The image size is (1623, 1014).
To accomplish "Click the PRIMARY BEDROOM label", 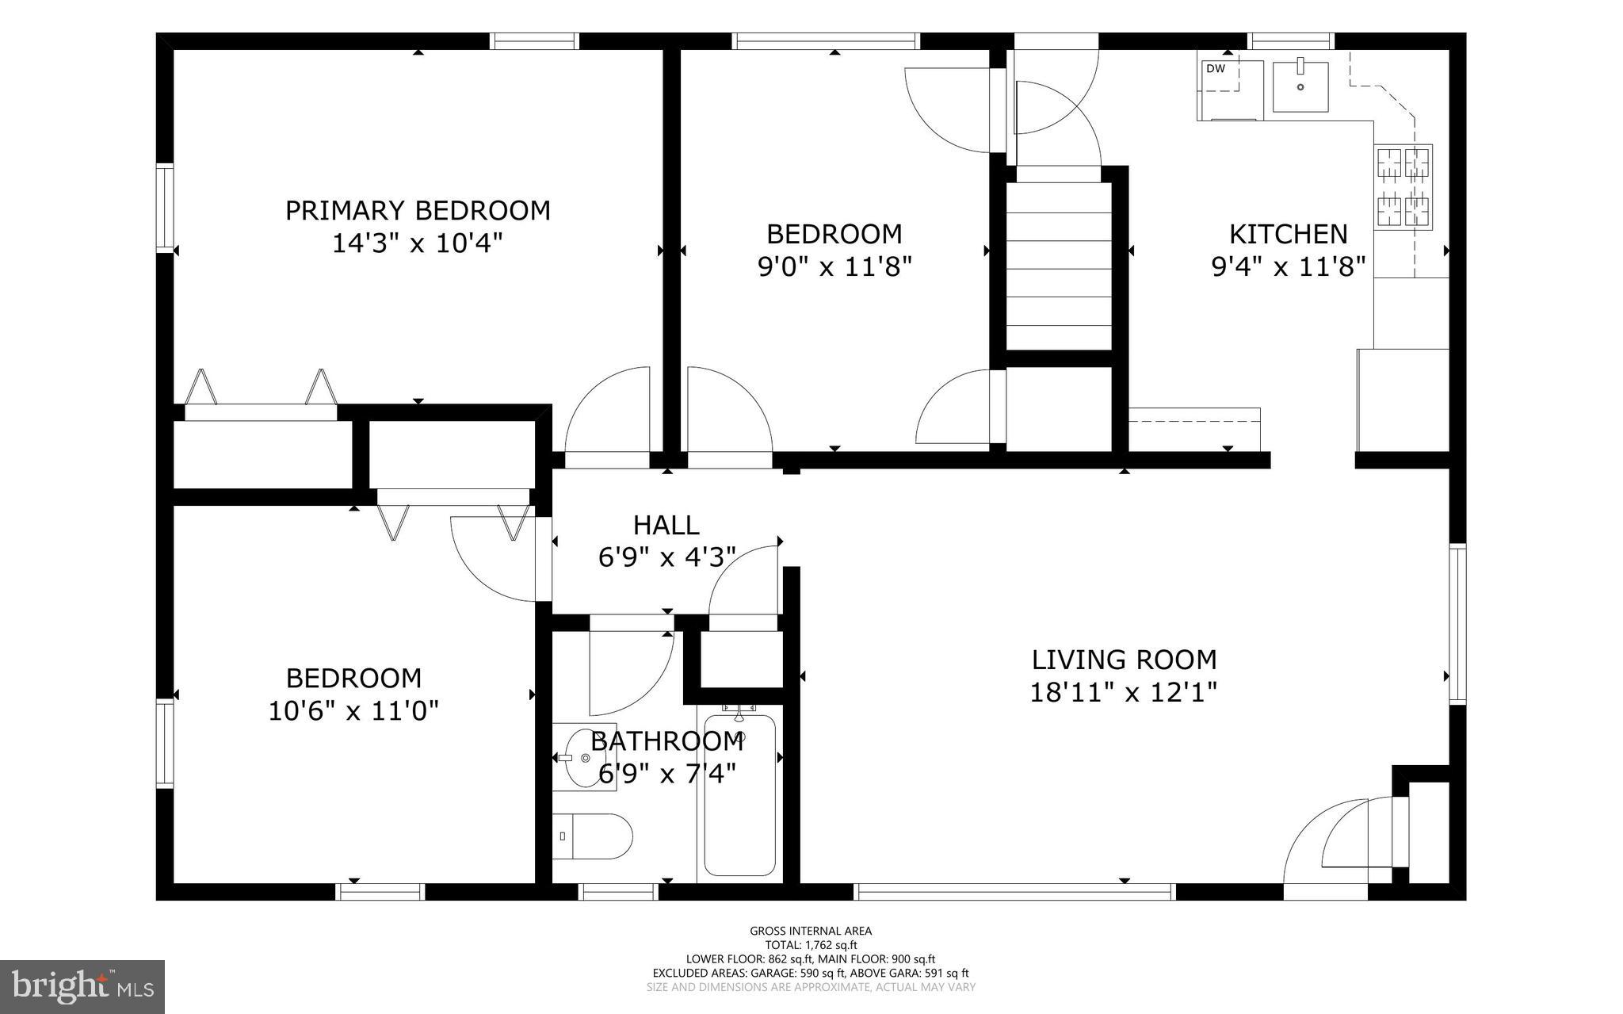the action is tap(418, 210).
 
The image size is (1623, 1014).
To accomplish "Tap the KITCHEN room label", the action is tap(1288, 234).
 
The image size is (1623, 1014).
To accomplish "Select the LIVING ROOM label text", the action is tap(1124, 660).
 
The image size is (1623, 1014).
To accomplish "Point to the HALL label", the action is tap(666, 525).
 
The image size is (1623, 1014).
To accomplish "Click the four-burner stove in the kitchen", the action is tap(1403, 187).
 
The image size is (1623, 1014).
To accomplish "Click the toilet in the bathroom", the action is tap(592, 836).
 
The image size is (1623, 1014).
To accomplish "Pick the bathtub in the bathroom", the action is tap(739, 793).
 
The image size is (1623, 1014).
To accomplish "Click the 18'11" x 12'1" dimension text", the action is tap(1123, 692).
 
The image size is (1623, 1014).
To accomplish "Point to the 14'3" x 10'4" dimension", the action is tap(418, 242).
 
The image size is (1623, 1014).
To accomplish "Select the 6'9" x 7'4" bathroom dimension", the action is tap(667, 773).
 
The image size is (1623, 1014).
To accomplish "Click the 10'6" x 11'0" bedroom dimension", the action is tap(353, 710).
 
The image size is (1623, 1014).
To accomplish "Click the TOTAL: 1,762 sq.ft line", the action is tap(811, 945).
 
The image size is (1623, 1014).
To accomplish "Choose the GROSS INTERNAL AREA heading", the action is tap(811, 931).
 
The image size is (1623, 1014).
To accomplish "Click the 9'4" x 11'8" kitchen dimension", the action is tap(1289, 266).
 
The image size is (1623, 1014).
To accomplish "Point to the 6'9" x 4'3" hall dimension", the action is tap(667, 557).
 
